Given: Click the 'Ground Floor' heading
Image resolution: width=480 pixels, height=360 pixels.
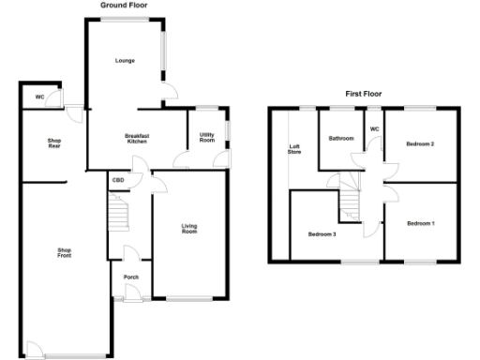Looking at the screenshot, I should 125,5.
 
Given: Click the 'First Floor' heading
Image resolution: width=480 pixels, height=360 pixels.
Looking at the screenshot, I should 367,94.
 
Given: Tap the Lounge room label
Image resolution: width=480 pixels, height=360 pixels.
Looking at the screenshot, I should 125,61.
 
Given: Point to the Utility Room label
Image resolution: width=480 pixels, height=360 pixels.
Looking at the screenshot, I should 207,138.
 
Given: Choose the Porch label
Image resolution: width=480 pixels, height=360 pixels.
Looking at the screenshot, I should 131,277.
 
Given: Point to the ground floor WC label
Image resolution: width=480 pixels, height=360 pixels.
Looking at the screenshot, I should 39,97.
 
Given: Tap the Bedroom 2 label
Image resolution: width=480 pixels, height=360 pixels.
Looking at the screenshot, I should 420,143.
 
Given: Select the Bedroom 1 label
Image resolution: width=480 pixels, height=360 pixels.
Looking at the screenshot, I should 421,223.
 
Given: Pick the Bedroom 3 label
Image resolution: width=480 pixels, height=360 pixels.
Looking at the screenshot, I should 322,232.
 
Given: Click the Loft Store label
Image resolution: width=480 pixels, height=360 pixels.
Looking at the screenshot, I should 293,149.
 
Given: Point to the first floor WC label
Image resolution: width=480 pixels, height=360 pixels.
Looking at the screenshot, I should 375,128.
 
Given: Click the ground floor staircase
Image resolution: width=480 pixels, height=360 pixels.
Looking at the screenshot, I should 119,214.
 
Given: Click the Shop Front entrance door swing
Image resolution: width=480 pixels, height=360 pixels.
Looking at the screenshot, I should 34,351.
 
